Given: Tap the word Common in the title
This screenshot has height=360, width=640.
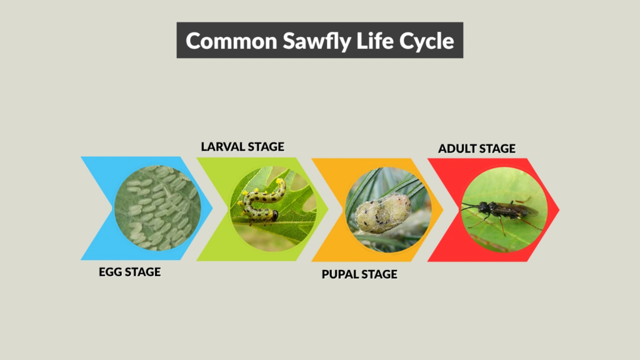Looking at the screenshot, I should pos(231,41).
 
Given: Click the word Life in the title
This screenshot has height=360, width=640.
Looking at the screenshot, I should pos(377,41).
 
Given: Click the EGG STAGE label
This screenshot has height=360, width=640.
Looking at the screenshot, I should pos(129,272).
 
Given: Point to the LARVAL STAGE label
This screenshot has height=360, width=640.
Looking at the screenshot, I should pos(242,147).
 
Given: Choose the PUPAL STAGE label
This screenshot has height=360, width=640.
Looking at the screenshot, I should pos(359,274).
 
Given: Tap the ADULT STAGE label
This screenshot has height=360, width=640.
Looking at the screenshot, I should pos(477,149).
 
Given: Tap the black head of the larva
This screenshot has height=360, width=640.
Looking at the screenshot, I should pos(274,216).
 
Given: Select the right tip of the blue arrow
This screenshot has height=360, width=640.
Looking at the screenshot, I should pos(212,208).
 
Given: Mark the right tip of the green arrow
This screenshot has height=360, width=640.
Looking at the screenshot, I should pos(327,209).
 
